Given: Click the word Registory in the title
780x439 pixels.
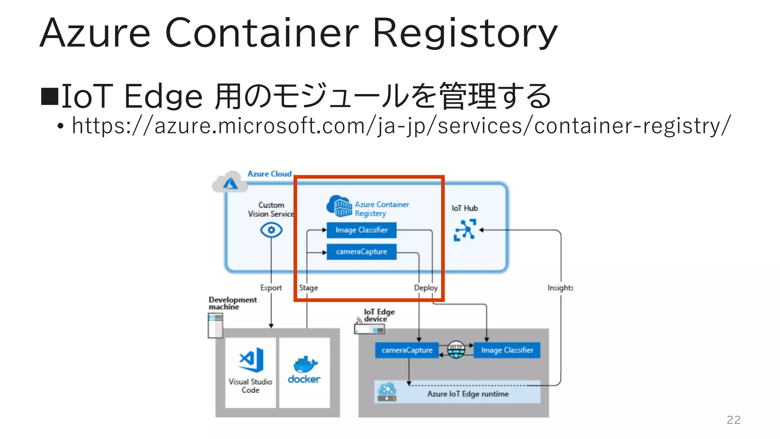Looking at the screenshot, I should click(465, 34).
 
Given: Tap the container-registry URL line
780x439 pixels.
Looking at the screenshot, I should click(401, 126).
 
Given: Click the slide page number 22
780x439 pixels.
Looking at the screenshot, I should click(734, 420).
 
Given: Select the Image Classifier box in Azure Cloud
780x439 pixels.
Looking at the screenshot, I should click(361, 230).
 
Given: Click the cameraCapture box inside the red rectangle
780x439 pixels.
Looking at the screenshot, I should click(361, 252).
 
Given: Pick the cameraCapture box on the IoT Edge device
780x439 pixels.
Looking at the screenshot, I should click(407, 350).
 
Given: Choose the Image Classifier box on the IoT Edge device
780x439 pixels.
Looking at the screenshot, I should click(507, 350).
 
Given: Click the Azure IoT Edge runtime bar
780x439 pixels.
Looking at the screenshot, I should click(467, 394).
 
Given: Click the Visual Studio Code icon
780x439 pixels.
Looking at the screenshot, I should click(251, 359).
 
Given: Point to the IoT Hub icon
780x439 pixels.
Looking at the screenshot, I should click(465, 230).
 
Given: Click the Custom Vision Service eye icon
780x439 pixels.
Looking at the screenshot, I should click(271, 230).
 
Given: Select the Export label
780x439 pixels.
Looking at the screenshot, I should click(271, 288).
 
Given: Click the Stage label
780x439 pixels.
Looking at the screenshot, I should click(308, 288).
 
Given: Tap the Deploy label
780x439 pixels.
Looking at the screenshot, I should click(425, 288).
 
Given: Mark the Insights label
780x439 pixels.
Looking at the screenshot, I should click(560, 288).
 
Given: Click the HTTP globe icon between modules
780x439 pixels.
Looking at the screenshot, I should click(456, 350).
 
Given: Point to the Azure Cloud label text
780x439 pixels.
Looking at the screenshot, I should click(269, 174).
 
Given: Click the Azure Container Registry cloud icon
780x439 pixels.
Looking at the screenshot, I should click(339, 206).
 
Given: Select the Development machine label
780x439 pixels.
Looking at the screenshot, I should click(232, 303).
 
